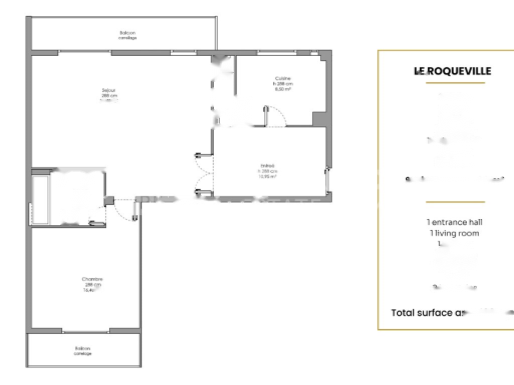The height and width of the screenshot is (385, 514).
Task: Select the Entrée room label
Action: (x=268, y=166)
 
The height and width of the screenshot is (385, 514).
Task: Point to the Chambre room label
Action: (x=92, y=279)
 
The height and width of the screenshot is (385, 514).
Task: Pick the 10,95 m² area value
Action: (x=268, y=176)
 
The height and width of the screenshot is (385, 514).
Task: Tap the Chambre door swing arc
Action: (x=123, y=211)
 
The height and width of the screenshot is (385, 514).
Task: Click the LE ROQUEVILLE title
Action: (x=452, y=71)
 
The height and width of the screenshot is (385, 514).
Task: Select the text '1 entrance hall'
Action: (x=455, y=222)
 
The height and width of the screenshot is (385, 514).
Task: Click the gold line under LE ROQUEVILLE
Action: (x=455, y=83)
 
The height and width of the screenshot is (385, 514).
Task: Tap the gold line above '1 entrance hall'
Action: (x=455, y=202)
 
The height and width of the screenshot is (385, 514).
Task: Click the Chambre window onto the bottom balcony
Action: (x=86, y=331)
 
